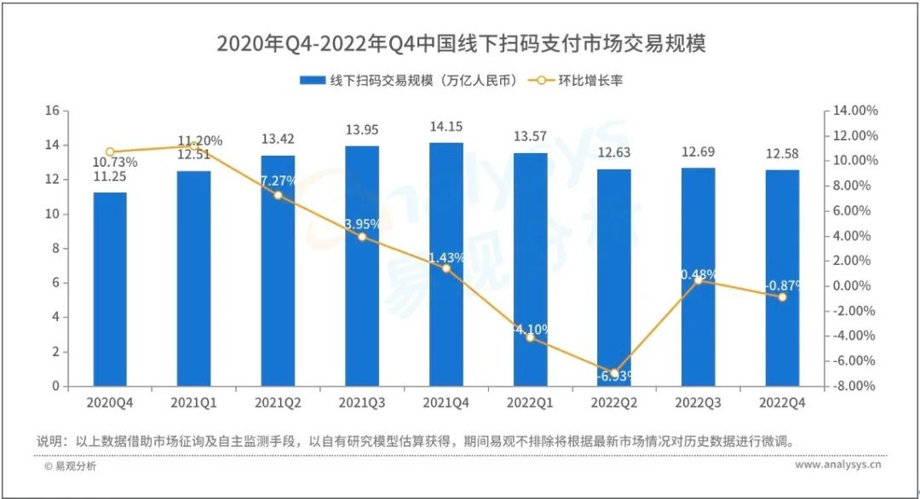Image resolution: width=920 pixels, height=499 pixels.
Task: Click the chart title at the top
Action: point(461,43)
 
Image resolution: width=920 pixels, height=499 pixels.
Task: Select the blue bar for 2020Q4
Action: point(110,290)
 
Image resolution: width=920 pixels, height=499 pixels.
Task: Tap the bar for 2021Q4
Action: point(446,264)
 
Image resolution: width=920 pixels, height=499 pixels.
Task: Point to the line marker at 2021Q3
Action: point(362,237)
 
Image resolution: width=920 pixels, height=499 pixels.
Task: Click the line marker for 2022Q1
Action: point(530,337)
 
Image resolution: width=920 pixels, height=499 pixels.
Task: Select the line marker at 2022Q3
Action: point(698,280)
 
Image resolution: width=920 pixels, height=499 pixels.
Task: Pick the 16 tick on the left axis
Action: point(52,111)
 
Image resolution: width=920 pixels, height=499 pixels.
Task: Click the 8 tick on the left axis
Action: point(55,249)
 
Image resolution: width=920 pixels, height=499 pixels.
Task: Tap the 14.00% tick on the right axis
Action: point(854,111)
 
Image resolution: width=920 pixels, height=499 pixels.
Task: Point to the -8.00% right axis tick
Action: point(854,386)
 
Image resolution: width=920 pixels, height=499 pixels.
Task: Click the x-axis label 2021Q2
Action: point(278,401)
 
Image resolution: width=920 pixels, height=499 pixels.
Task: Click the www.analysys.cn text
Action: point(838,466)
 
